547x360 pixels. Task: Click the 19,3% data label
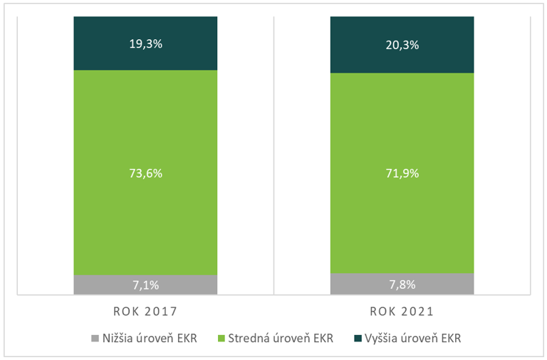(145, 43)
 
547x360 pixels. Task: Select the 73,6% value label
(145, 173)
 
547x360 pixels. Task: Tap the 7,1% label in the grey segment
(145, 285)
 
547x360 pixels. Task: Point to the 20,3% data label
(402, 44)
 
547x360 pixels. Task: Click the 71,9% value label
(402, 173)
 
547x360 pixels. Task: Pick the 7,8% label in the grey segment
(402, 284)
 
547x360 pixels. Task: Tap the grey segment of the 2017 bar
(100, 285)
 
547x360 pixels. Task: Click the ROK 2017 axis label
(145, 312)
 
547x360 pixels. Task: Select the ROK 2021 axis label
(402, 312)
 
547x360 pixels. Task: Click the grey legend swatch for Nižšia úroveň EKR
(95, 338)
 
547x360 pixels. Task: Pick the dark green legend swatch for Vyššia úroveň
(357, 338)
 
